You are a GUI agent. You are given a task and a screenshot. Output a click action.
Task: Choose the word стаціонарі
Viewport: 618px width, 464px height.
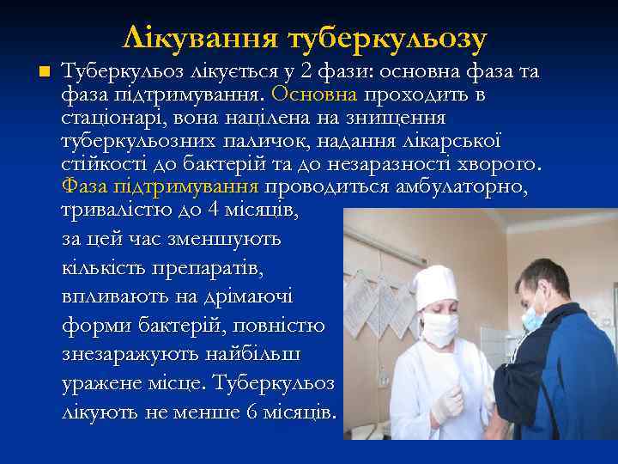(x=107, y=116)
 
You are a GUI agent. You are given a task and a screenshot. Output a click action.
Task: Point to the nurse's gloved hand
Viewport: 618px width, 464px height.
(x=446, y=402)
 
